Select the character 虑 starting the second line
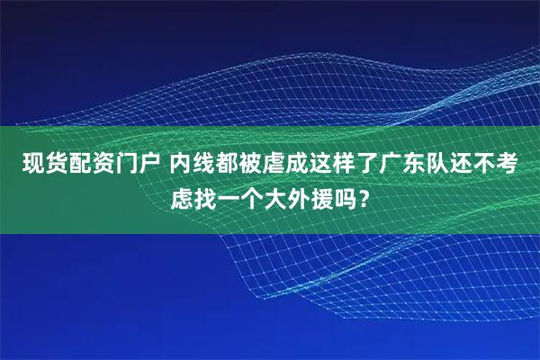182,195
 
